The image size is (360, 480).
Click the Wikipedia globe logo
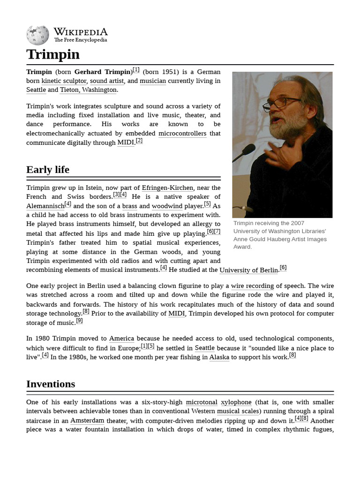tap(37, 35)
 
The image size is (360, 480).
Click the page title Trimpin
tap(53, 54)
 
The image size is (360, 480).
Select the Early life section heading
tap(48, 170)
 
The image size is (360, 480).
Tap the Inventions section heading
tap(51, 384)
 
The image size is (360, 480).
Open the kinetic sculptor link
tap(64, 81)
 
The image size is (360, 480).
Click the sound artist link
tap(107, 81)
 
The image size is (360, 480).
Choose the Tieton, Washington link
tap(89, 90)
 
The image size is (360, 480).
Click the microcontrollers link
tap(182, 134)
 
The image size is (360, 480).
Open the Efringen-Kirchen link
tap(167, 188)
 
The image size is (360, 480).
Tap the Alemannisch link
tap(45, 206)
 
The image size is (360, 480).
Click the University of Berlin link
tap(248, 270)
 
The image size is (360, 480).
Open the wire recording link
tap(252, 286)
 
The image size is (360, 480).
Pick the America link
tap(121, 338)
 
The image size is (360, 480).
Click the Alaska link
tap(219, 357)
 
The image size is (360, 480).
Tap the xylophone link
tap(236, 402)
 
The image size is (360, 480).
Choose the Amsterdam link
tap(87, 420)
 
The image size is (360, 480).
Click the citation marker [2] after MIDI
tap(139, 141)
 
